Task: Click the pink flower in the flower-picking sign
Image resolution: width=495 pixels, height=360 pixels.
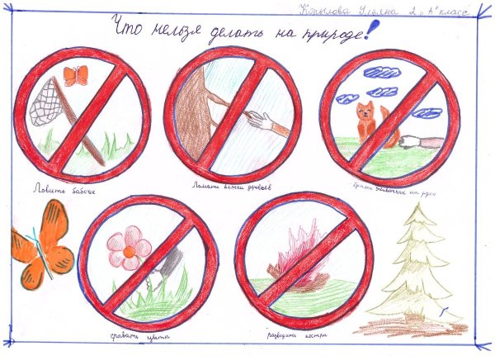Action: click(x=130, y=247)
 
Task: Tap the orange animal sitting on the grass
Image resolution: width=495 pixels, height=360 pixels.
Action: click(x=366, y=124)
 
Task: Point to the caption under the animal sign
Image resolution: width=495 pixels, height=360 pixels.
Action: click(x=395, y=187)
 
